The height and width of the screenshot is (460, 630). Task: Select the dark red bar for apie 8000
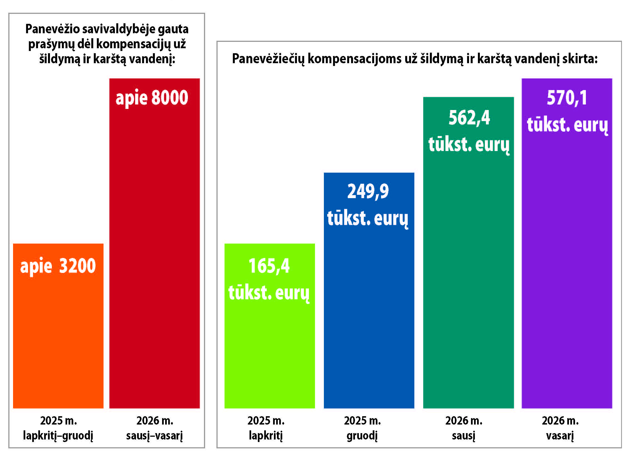pos(154,251)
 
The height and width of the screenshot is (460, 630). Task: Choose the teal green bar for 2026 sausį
pos(468,278)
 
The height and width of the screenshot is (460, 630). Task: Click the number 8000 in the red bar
pos(170,98)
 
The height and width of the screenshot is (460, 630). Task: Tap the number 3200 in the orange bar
pos(77,266)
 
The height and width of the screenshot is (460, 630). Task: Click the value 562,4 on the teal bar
pos(469,118)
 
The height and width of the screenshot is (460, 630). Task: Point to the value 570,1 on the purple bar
pos(567,98)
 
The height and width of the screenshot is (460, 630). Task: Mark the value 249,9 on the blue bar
pos(368,191)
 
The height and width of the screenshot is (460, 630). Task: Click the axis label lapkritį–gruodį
pos(58,436)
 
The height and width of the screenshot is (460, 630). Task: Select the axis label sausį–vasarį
pos(154,436)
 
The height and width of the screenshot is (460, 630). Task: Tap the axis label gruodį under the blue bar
pos(362,436)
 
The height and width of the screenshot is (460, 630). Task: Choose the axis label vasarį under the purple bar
pos(560,436)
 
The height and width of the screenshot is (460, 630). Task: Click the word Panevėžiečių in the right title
pos(268,59)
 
